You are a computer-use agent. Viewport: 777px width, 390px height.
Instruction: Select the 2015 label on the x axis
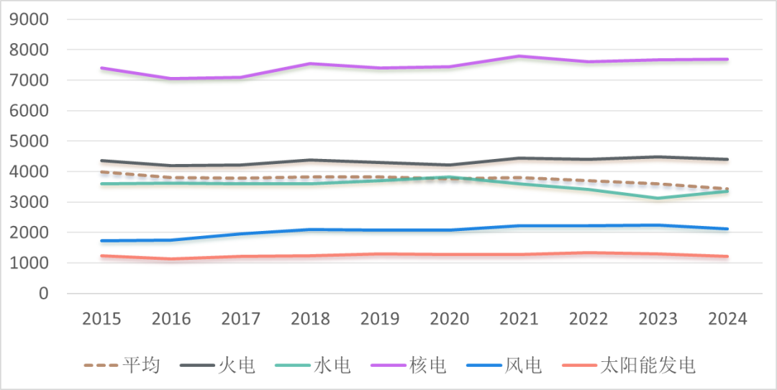click(101, 318)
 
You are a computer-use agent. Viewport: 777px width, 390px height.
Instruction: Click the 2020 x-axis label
click(450, 318)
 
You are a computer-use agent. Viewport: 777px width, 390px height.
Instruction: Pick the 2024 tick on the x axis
click(728, 318)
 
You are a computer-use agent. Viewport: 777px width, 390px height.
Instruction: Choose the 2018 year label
click(310, 318)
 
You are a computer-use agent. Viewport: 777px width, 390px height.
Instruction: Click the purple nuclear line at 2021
click(519, 56)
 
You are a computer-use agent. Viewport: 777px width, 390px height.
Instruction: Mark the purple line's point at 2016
click(171, 78)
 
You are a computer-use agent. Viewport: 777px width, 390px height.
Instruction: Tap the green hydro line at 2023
click(658, 198)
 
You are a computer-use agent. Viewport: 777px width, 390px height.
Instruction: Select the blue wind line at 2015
click(101, 241)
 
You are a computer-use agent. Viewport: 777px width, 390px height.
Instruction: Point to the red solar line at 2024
click(728, 256)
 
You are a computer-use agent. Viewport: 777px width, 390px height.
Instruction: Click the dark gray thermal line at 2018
click(310, 160)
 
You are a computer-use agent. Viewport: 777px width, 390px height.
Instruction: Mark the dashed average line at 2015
click(101, 172)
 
